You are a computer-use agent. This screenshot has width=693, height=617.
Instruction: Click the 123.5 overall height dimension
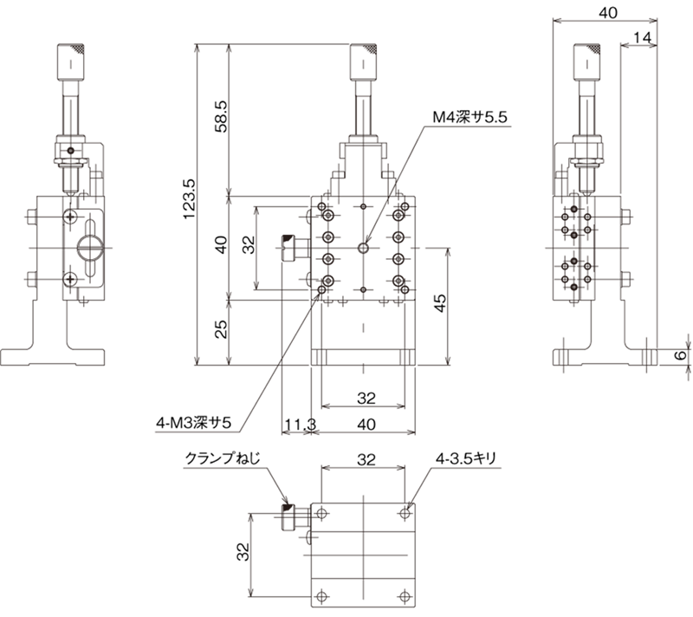189,199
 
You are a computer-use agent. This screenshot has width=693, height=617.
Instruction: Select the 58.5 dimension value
221,117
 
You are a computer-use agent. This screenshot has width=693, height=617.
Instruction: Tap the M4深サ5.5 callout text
470,118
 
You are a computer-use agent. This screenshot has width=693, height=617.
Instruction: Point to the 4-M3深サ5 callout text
193,423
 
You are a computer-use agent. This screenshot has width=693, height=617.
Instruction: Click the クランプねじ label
223,458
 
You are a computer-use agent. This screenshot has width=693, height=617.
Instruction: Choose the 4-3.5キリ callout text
466,458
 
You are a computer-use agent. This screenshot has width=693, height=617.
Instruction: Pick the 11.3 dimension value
300,425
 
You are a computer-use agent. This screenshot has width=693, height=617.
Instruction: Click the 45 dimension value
440,303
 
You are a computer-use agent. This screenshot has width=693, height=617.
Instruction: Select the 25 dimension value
221,328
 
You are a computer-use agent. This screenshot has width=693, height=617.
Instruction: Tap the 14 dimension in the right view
642,38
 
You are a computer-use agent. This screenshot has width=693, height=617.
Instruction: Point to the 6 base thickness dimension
682,355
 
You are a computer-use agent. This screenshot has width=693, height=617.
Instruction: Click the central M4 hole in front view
363,248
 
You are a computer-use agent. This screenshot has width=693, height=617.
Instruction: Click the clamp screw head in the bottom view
288,517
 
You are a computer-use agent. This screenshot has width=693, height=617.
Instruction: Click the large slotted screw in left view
90,249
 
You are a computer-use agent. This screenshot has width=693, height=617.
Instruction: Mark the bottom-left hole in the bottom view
321,597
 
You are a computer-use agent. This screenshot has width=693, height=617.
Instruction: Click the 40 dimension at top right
608,13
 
